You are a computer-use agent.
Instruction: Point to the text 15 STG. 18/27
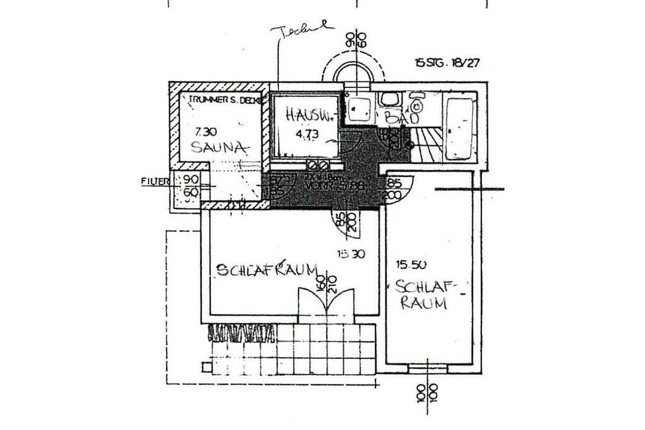click(x=447, y=62)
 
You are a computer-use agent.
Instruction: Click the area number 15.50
click(x=412, y=264)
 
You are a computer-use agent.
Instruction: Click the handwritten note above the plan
click(x=301, y=31)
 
